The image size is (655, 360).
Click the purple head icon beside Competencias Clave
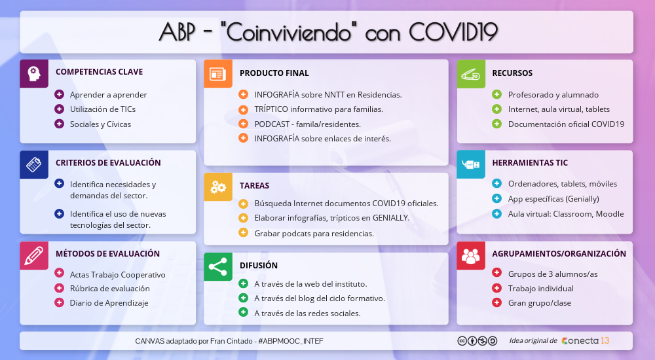point(34,73)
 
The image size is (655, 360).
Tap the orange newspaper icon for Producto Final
point(217,73)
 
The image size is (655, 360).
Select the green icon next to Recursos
point(470,73)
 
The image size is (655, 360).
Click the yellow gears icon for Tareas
point(217,187)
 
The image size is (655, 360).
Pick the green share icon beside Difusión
point(217,266)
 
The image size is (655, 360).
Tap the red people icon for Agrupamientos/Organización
point(470,255)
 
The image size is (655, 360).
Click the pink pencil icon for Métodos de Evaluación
point(34,255)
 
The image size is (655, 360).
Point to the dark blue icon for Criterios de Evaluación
point(34,164)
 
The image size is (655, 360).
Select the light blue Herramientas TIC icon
point(470,164)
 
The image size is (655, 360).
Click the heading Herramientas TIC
point(530,163)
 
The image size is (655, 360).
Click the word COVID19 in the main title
point(453,31)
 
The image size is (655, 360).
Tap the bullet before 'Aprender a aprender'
point(59,94)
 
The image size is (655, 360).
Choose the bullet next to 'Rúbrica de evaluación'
point(59,288)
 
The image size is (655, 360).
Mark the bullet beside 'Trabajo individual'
point(496,288)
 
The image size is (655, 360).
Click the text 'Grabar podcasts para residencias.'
point(314,233)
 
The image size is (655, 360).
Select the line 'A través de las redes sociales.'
point(307,313)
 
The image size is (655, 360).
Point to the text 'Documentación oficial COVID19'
point(566,124)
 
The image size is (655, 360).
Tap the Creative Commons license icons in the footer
point(477,340)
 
